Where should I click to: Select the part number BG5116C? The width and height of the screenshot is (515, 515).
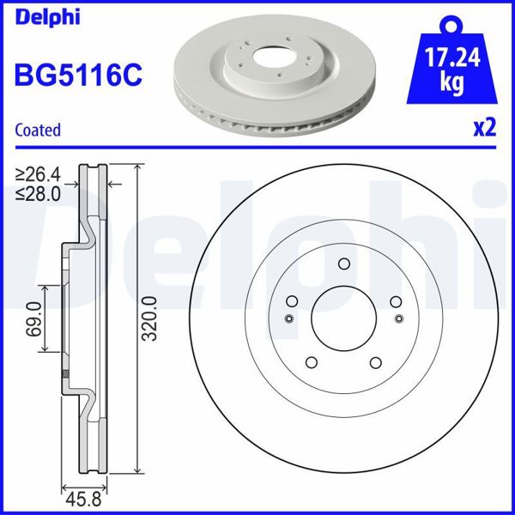click(76, 75)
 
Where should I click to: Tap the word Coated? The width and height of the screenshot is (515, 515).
click(39, 130)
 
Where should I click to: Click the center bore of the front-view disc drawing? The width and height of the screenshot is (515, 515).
click(342, 318)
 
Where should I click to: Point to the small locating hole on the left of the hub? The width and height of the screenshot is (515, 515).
click(289, 319)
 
